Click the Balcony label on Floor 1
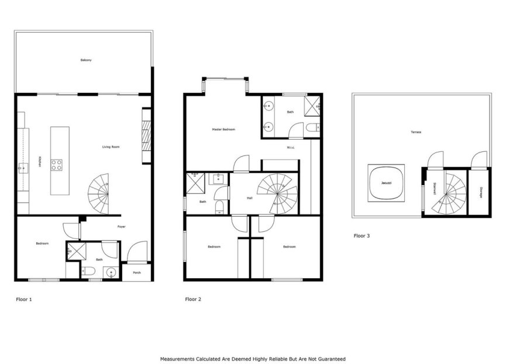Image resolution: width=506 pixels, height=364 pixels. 86,60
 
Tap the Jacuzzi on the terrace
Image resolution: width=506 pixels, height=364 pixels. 386,182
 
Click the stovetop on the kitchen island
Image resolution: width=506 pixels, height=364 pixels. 58,164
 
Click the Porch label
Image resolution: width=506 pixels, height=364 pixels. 137,272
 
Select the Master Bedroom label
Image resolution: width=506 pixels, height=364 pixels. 223,129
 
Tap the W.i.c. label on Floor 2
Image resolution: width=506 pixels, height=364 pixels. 291,147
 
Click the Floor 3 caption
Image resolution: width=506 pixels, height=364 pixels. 362,236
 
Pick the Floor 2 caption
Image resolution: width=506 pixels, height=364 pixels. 193,299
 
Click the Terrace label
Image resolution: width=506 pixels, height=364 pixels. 416,132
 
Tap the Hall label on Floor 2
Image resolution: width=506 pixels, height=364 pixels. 250,198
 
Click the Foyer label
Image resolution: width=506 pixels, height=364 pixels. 121,227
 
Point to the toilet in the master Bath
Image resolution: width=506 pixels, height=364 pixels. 311,127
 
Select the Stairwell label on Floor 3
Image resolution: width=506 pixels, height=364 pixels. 435,189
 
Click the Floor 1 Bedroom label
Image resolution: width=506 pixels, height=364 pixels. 42,243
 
